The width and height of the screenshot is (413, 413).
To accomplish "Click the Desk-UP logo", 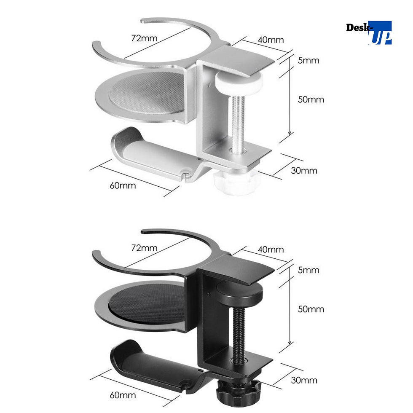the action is tap(369, 33).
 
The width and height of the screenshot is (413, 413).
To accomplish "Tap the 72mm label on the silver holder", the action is tap(144, 38).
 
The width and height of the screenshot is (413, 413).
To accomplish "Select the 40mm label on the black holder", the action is tap(271, 249).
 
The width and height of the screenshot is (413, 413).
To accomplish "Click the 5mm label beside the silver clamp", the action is tap(308, 61).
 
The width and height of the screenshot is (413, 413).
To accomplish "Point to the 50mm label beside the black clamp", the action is tap(311, 309).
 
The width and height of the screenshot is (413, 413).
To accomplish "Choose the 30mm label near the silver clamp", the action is tap(304, 171).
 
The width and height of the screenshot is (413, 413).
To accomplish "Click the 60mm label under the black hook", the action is tap(123, 395).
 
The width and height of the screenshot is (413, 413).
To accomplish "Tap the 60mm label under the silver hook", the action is tap(123, 186).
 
